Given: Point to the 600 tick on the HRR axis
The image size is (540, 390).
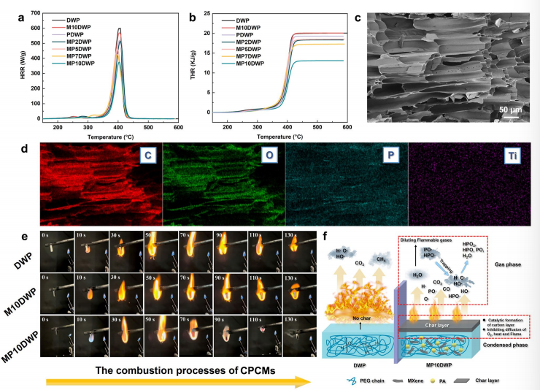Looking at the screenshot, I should (33, 28).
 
